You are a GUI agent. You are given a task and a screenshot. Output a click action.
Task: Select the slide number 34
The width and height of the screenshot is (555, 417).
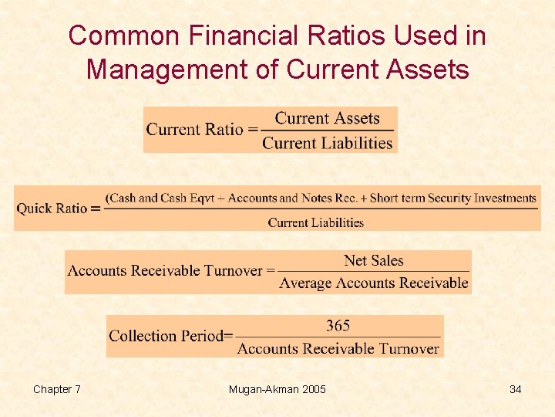pyautogui.click(x=515, y=389)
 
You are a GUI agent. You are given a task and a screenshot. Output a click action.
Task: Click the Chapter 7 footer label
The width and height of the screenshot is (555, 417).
pyautogui.click(x=57, y=389)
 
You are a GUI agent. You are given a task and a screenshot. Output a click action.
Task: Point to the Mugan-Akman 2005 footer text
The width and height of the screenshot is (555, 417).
pyautogui.click(x=277, y=389)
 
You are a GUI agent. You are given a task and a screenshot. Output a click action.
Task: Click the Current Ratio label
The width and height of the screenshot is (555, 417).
pyautogui.click(x=195, y=130)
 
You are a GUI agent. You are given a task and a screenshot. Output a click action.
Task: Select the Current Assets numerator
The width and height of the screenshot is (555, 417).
pyautogui.click(x=328, y=118)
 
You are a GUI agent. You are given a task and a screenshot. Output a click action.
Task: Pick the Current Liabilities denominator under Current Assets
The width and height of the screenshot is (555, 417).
pyautogui.click(x=328, y=143)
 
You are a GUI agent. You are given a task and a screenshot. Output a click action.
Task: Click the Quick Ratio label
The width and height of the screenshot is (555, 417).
pyautogui.click(x=52, y=208)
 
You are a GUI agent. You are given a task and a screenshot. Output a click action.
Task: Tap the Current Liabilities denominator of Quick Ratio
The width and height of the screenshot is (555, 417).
pyautogui.click(x=316, y=222)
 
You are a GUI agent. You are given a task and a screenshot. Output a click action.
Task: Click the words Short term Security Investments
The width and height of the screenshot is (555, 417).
pyautogui.click(x=453, y=198)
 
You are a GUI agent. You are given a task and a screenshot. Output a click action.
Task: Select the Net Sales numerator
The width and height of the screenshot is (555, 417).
pyautogui.click(x=374, y=261)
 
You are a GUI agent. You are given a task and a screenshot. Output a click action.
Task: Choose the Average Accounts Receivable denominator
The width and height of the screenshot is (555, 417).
pyautogui.click(x=374, y=283)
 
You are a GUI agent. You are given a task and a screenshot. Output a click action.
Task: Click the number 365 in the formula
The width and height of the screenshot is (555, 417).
pyautogui.click(x=338, y=325)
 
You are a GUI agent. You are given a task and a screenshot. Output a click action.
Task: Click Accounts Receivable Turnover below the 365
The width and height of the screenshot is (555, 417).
pyautogui.click(x=338, y=348)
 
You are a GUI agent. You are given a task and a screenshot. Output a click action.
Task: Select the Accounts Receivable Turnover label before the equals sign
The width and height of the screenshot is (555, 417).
pyautogui.click(x=165, y=271)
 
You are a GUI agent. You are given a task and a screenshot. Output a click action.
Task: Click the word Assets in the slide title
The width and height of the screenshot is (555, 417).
pyautogui.click(x=429, y=69)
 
